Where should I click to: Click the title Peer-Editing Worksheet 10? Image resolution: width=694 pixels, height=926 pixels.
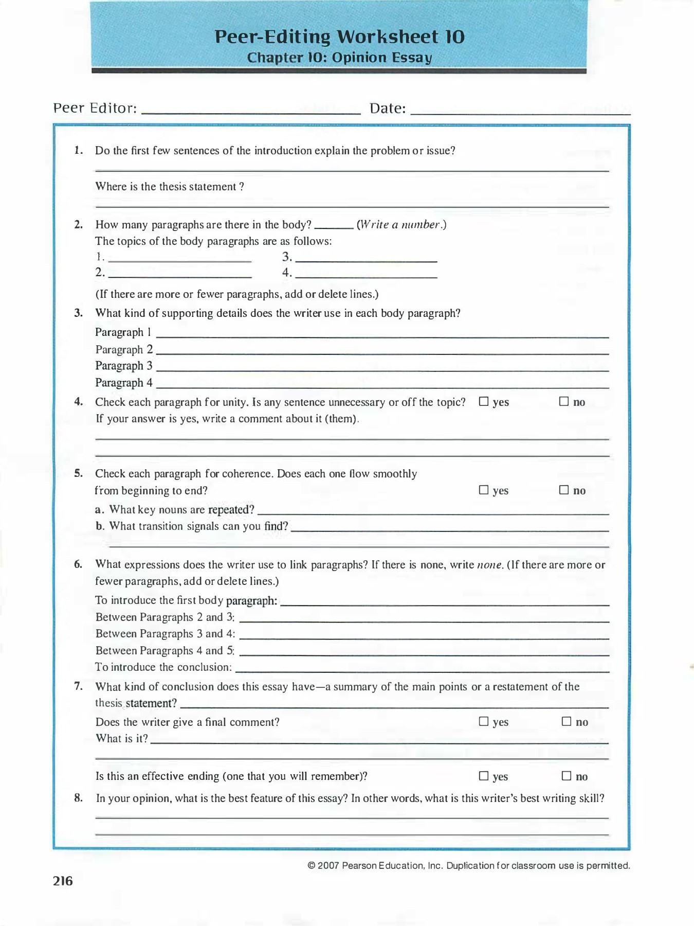pos(339,37)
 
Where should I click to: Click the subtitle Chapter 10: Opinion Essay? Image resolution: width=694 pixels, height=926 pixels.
pos(339,57)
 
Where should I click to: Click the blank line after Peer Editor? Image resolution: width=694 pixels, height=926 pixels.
pos(251,110)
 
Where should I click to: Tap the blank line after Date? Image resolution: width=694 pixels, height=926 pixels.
pos(520,110)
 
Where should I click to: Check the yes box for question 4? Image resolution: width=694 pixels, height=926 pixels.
pos(484,402)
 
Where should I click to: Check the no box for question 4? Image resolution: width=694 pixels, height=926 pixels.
pos(564,402)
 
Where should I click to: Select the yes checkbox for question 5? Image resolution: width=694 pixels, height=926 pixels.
pos(484,490)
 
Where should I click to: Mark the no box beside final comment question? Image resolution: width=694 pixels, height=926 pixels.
pos(567,722)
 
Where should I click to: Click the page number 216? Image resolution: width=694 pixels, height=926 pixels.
pos(63,881)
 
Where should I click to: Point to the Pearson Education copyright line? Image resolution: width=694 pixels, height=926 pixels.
pos(468,865)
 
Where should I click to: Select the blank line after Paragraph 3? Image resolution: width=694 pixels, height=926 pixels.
pos(382,369)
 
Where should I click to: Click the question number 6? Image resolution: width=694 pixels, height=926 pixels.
pos(78,564)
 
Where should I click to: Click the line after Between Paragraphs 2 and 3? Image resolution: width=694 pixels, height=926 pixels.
pos(424,620)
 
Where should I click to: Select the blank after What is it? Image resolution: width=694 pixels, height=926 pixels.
pos(379,741)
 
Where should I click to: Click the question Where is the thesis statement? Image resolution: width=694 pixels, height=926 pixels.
pos(170,187)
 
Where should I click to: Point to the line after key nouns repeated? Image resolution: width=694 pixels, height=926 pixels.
pos(433,512)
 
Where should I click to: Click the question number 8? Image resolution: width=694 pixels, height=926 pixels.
pos(78,798)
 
